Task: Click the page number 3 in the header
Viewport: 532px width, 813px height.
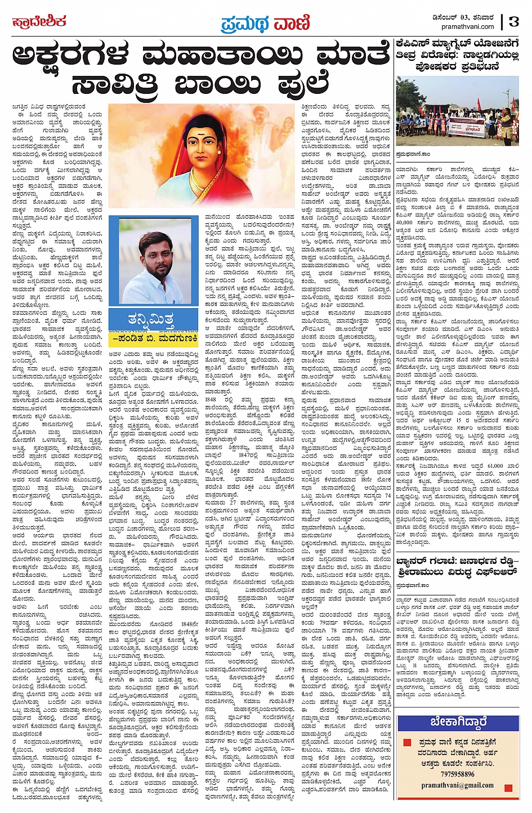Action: click(513, 22)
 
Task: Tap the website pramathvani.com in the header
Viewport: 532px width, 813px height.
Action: click(467, 26)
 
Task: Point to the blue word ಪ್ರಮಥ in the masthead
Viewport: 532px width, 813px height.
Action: click(242, 24)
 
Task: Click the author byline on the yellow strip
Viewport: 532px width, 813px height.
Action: click(152, 338)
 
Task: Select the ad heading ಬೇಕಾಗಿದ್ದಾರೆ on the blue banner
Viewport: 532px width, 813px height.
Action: click(458, 722)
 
